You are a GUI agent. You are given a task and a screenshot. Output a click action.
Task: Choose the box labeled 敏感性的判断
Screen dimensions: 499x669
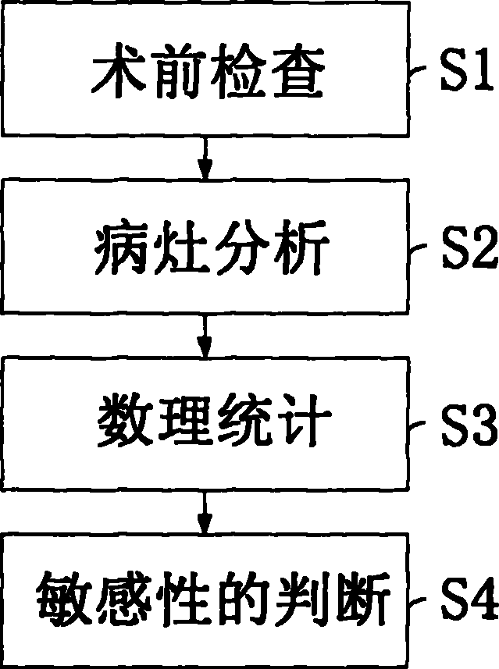click(205, 602)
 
